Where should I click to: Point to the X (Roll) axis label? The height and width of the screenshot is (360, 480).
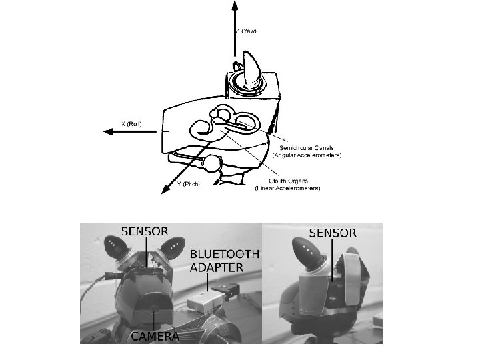click(x=131, y=123)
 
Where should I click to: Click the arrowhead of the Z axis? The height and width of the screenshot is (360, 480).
click(x=235, y=5)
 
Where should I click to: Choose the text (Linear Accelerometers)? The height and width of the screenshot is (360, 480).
click(x=287, y=188)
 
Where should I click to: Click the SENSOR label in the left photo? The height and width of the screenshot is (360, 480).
click(x=145, y=231)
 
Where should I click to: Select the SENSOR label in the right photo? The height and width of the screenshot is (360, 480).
click(x=333, y=233)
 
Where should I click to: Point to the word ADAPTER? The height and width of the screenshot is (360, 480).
click(x=216, y=268)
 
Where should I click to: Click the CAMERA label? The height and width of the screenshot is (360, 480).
click(x=155, y=336)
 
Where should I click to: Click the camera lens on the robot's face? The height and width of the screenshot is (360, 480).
click(x=156, y=307)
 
